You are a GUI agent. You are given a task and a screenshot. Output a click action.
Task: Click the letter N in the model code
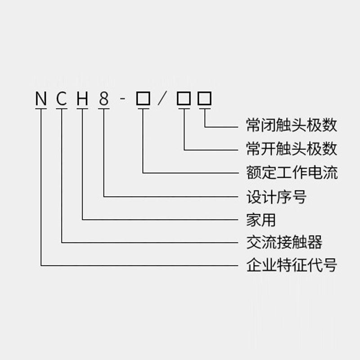point(41,99)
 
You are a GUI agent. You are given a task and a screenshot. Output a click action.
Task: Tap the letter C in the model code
point(62,99)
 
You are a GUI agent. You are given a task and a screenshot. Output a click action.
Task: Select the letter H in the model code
point(82,99)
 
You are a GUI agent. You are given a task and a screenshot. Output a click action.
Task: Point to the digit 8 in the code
point(104,99)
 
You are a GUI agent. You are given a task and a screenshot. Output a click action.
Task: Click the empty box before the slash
point(143,99)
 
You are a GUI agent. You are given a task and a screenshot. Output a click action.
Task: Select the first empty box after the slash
point(184,99)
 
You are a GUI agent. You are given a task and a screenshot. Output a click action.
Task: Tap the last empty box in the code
point(205,99)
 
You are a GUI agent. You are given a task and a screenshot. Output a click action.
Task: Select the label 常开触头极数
point(292,148)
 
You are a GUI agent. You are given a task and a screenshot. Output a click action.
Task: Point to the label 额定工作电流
point(292,172)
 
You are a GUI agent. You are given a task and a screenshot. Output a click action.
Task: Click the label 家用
point(261,220)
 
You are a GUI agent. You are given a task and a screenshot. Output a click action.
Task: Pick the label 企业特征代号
point(292,265)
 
